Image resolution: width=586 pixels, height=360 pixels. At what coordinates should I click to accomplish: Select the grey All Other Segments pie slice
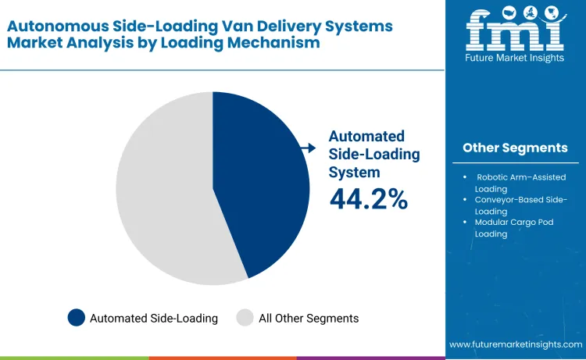(x=164, y=195)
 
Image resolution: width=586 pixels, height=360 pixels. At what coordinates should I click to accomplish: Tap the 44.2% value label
(x=368, y=199)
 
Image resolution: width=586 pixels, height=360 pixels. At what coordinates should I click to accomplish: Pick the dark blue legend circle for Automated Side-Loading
(x=76, y=318)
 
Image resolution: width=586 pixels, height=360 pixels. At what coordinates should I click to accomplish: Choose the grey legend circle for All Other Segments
(x=245, y=318)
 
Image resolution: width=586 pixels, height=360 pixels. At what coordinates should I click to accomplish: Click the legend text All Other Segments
(x=309, y=318)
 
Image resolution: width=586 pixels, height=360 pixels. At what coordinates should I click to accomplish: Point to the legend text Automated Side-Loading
(x=154, y=318)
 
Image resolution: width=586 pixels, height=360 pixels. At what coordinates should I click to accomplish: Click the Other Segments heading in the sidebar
(x=515, y=148)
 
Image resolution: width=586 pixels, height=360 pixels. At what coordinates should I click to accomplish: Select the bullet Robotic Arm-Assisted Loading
(x=520, y=183)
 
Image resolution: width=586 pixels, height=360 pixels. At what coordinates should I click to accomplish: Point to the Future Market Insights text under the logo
(x=515, y=56)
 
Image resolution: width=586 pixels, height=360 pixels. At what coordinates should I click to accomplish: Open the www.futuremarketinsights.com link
(x=516, y=344)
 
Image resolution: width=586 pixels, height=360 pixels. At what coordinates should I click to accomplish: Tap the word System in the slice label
(x=354, y=171)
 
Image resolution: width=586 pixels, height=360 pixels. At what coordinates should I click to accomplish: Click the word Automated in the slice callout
(x=366, y=135)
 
